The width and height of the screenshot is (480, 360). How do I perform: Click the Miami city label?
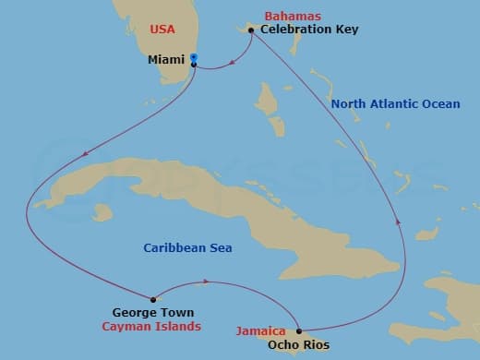point(166,61)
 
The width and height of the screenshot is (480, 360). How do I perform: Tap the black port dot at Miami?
point(194,64)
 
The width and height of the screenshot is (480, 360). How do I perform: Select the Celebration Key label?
point(309,30)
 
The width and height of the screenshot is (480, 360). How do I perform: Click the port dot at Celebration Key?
point(251,30)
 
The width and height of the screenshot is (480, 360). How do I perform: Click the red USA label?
point(162,30)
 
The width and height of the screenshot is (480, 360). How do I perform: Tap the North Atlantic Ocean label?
point(395,104)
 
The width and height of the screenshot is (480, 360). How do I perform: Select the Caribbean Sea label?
point(187,247)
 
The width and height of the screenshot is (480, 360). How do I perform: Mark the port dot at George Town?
point(152,298)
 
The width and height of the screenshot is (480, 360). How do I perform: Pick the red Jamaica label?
point(259,330)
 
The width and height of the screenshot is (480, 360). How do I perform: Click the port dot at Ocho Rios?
point(299,330)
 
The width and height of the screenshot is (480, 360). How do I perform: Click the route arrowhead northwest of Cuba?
point(85,154)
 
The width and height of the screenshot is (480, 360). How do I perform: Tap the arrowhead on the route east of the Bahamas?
point(398,221)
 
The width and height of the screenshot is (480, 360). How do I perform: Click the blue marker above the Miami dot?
point(194,57)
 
